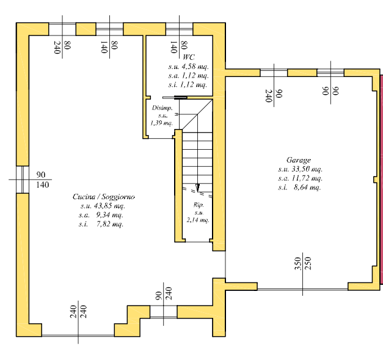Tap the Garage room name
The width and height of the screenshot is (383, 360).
click(299, 159)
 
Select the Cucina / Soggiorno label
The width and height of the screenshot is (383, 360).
click(104, 197)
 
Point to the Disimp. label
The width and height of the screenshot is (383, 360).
click(162, 108)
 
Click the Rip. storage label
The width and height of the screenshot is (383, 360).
click(198, 205)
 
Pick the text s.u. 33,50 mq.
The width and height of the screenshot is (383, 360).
click(299, 169)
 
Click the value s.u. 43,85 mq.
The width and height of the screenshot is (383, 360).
click(101, 206)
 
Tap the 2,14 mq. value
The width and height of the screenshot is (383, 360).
click(198, 220)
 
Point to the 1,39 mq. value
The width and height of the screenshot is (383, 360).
click(162, 123)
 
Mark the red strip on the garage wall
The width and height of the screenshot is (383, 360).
click(380, 183)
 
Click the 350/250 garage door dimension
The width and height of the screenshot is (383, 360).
click(302, 264)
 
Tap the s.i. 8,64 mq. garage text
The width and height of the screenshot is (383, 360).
click(299, 188)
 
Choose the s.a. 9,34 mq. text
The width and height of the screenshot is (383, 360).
click(101, 215)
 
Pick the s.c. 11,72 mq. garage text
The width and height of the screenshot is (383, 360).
click(299, 178)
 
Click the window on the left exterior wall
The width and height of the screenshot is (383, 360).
click(22, 180)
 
